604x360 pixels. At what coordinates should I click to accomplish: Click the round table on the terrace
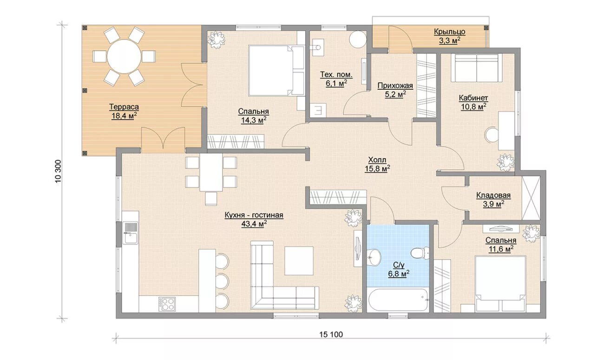click(124, 56)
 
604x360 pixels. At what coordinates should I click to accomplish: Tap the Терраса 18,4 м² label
click(124, 111)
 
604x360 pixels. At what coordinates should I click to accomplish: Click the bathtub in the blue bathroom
click(398, 300)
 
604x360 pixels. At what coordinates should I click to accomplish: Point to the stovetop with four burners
click(167, 304)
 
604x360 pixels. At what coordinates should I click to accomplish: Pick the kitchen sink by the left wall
click(130, 233)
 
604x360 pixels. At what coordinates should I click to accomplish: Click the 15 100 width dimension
click(331, 334)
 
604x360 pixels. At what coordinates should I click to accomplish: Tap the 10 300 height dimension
click(59, 171)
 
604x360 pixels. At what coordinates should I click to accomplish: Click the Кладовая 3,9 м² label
click(493, 200)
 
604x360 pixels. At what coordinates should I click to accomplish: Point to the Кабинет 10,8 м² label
click(473, 102)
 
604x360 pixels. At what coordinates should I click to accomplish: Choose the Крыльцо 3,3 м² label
click(449, 36)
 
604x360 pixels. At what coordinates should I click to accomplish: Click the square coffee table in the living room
click(299, 260)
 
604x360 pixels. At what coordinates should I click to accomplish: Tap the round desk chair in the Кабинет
click(492, 135)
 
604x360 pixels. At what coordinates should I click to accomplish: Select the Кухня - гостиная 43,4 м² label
click(254, 220)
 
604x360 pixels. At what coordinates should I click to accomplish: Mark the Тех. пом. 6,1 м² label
click(336, 79)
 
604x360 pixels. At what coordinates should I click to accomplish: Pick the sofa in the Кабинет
click(476, 67)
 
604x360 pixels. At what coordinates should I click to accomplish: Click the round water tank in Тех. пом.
click(358, 40)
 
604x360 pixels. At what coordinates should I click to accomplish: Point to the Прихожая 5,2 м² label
click(395, 90)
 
